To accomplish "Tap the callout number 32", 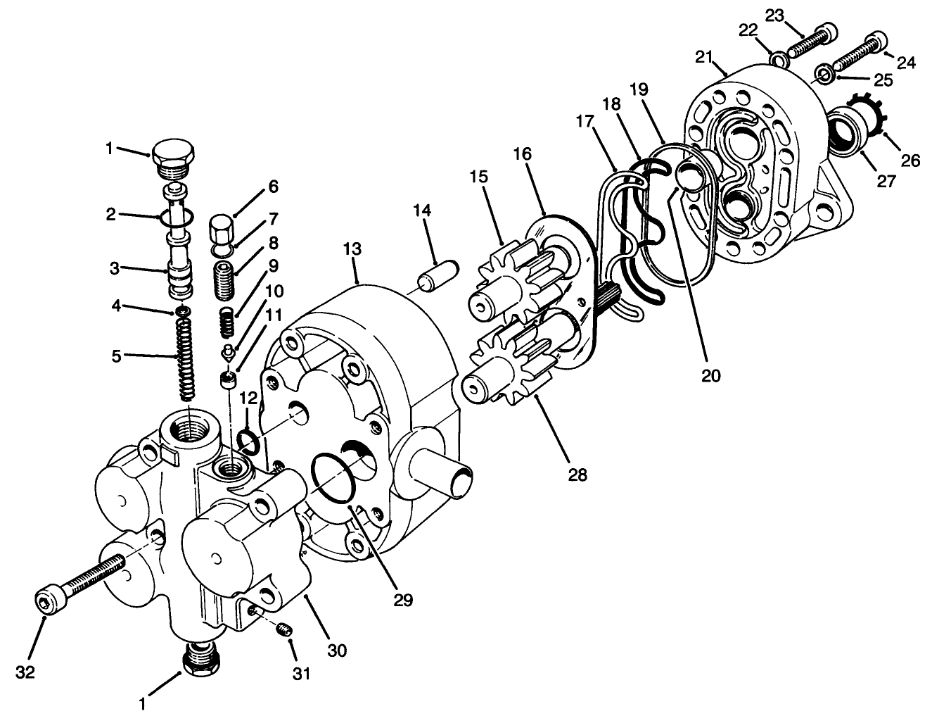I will tap(25, 672).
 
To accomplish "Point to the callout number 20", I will tap(710, 375).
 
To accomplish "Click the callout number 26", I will tap(910, 161).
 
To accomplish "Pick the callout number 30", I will tap(337, 651).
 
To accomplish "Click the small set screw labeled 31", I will tap(283, 630).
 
